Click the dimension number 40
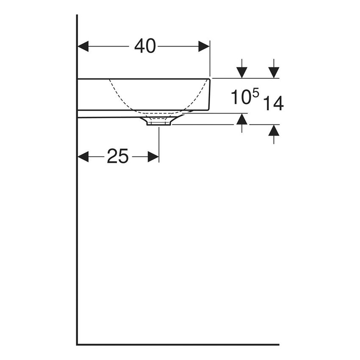coord(145,46)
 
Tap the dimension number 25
coord(117,157)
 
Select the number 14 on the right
coord(273,103)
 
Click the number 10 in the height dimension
coord(239,97)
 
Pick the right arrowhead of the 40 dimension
coord(204,46)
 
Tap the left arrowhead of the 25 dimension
coord(83,157)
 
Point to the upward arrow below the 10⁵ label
coord(241,120)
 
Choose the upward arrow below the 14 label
coord(274,131)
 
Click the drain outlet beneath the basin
coord(159,122)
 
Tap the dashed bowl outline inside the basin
coord(121,97)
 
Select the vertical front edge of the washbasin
coord(210,94)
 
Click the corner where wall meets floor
coord(77,344)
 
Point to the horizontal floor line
coord(178,344)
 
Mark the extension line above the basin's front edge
coord(210,59)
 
